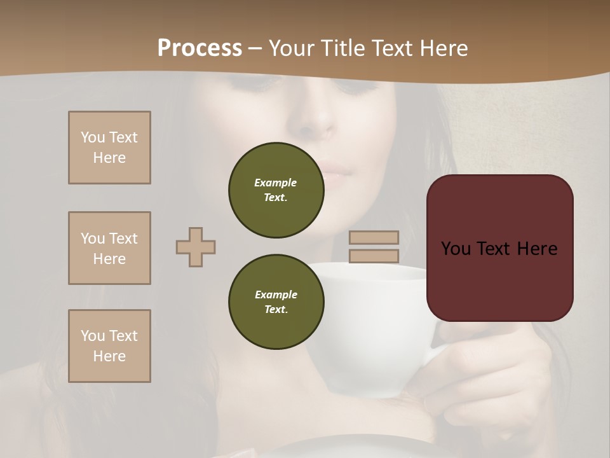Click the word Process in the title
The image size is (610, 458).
pyautogui.click(x=200, y=48)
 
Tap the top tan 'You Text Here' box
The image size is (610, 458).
pyautogui.click(x=109, y=148)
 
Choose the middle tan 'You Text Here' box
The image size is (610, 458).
pyautogui.click(x=109, y=248)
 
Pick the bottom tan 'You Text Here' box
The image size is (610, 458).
pyautogui.click(x=109, y=346)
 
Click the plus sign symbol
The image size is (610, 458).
pyautogui.click(x=196, y=247)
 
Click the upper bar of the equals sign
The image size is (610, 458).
pyautogui.click(x=374, y=237)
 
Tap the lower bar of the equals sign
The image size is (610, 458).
pyautogui.click(x=374, y=256)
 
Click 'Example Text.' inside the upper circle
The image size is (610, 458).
pyautogui.click(x=276, y=190)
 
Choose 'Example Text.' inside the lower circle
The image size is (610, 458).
pyautogui.click(x=276, y=302)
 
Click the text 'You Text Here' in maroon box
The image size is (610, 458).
pyautogui.click(x=499, y=249)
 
